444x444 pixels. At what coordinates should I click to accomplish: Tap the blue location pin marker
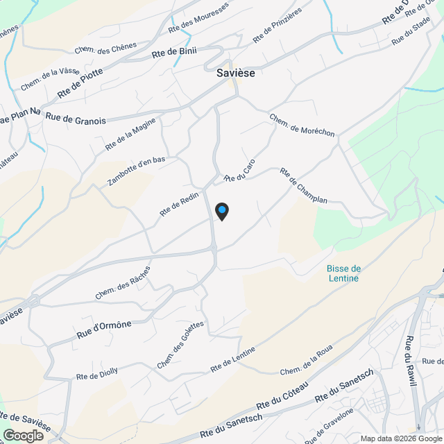pyautogui.click(x=221, y=211)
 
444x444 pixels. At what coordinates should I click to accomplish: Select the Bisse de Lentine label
pyautogui.click(x=343, y=273)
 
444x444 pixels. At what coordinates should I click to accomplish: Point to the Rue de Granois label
pyautogui.click(x=76, y=119)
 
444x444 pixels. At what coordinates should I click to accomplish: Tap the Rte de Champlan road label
pyautogui.click(x=302, y=185)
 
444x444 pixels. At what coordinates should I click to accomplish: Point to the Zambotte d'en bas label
pyautogui.click(x=137, y=171)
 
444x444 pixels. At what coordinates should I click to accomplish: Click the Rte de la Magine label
pyautogui.click(x=130, y=135)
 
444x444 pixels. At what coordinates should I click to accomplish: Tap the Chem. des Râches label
pyautogui.click(x=123, y=282)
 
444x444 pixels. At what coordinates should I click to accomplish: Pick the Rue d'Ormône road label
pyautogui.click(x=104, y=329)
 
